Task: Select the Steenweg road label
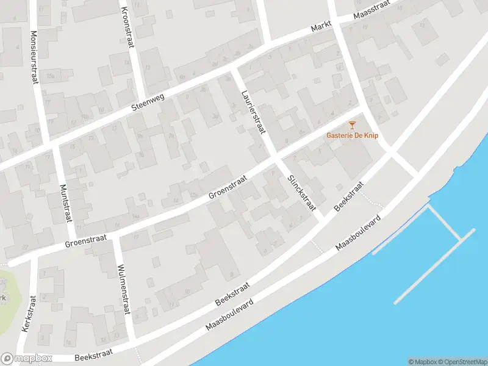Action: click(x=148, y=104)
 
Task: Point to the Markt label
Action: click(x=321, y=26)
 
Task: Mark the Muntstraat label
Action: click(x=65, y=204)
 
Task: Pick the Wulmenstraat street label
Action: click(x=123, y=289)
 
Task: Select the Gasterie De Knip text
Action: click(x=352, y=135)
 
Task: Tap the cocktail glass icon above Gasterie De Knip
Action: click(x=352, y=125)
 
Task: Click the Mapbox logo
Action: click(x=26, y=359)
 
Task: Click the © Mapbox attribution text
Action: click(x=422, y=362)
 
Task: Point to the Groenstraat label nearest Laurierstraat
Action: click(x=227, y=187)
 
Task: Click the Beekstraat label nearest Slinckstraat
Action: click(x=349, y=196)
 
